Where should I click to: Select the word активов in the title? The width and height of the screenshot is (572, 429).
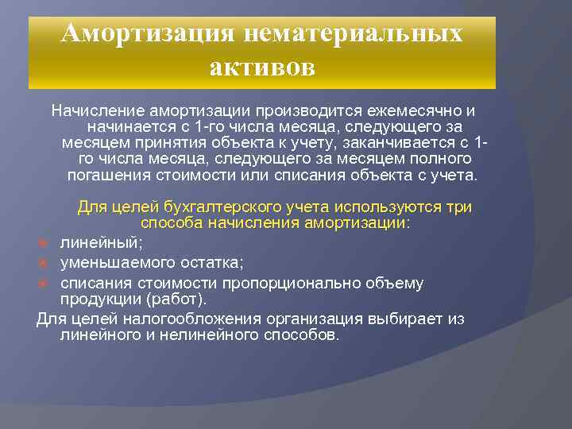262,67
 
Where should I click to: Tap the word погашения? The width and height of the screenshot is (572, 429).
107,176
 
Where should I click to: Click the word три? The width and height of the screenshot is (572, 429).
459,207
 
